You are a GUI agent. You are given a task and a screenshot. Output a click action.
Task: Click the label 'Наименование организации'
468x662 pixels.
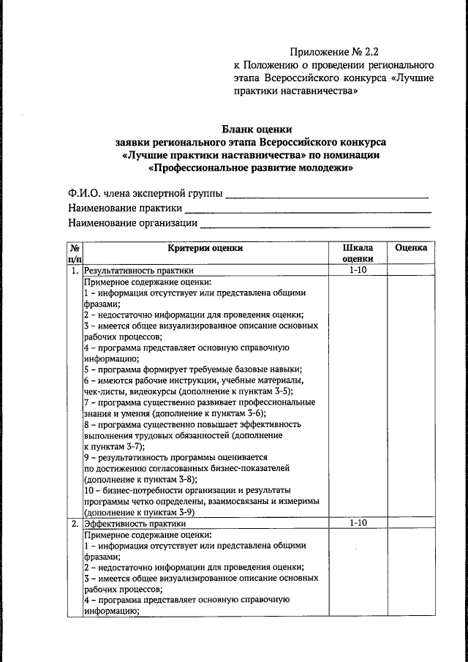pos(132,223)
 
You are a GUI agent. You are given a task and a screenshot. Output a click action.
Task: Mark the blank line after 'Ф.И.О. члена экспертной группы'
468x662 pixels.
pos(326,196)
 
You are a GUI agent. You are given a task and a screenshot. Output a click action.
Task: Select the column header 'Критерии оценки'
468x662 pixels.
pos(205,248)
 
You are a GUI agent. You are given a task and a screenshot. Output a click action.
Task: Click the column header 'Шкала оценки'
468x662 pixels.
pos(357,253)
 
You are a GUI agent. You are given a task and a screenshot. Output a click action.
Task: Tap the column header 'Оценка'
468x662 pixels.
pos(411,248)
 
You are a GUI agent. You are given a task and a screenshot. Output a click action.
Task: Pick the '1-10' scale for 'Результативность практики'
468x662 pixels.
pos(357,271)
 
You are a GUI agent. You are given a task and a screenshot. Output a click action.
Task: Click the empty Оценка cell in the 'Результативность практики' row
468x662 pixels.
pos(411,271)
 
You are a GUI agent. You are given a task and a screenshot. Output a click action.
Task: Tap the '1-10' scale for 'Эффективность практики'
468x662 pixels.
pos(357,524)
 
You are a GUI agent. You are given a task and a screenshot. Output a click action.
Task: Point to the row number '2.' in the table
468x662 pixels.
pos(75,524)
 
